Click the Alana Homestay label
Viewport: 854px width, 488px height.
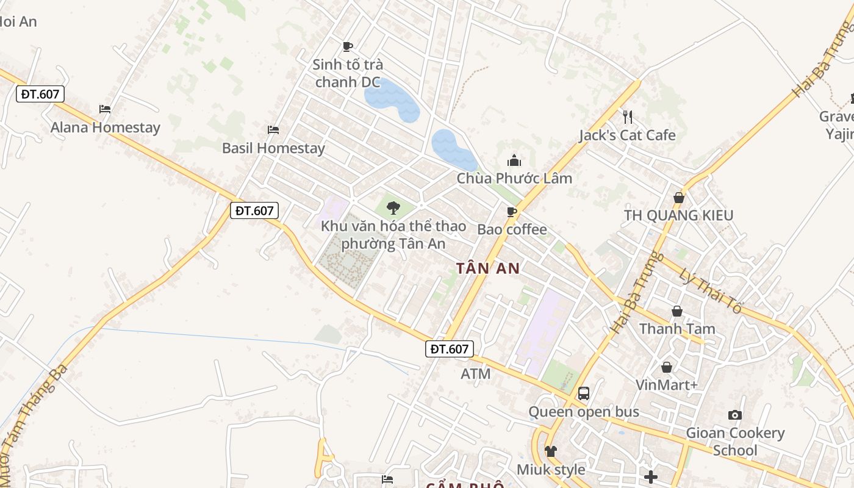[x=105, y=127]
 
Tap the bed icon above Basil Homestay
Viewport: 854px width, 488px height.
[x=273, y=130]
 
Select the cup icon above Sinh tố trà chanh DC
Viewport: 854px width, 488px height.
[x=348, y=46]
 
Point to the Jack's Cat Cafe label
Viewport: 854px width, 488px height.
[x=627, y=135]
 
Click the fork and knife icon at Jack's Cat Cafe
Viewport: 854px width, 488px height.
[x=627, y=117]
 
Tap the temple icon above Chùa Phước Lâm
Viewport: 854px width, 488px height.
[x=514, y=161]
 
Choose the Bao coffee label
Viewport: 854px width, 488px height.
[x=512, y=230]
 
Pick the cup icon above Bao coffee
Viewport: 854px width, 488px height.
[x=512, y=212]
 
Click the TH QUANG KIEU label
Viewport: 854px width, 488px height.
[x=678, y=215]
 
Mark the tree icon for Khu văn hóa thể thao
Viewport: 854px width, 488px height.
[x=393, y=207]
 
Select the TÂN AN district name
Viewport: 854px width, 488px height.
[x=488, y=268]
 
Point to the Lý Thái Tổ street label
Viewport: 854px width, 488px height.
[x=711, y=292]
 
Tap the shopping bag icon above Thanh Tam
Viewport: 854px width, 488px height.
[x=677, y=311]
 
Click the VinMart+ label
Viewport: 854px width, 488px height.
[x=666, y=385]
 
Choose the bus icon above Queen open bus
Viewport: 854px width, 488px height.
[x=584, y=393]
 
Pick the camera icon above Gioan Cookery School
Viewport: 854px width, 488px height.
[x=735, y=415]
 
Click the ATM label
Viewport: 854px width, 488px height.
[x=476, y=373]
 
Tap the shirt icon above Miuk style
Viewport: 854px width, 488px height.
[x=551, y=451]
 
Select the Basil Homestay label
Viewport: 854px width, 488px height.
[x=273, y=148]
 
